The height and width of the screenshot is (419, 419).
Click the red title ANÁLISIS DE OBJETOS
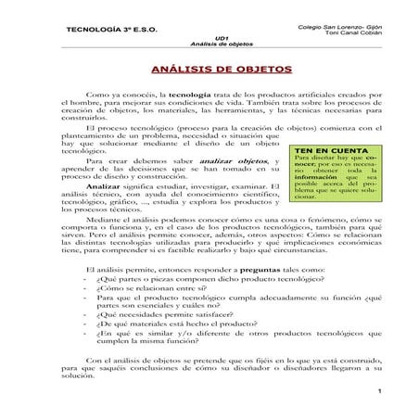click(x=209, y=70)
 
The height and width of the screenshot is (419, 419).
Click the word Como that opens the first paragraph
click(x=95, y=95)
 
